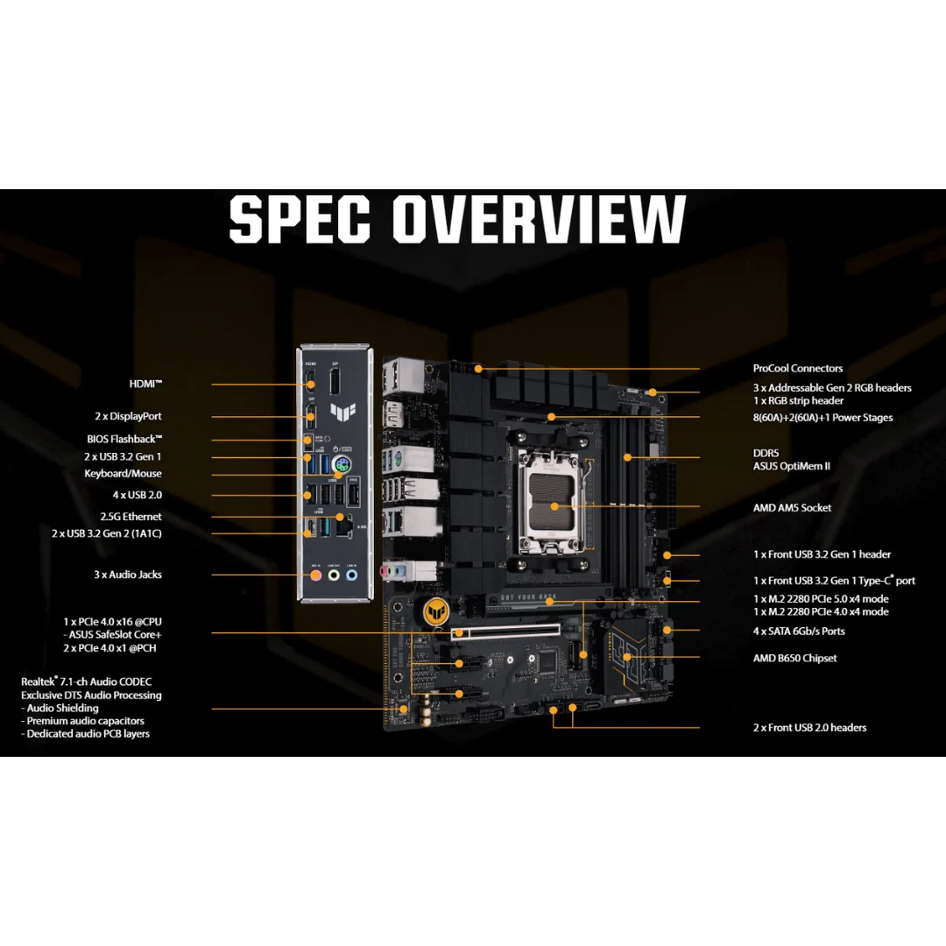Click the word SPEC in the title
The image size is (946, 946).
click(300, 219)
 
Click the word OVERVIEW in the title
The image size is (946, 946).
click(540, 219)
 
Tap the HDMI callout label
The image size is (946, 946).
click(145, 384)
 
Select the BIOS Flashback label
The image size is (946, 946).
click(124, 439)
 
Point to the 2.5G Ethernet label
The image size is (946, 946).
click(131, 517)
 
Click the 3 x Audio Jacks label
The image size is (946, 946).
click(127, 575)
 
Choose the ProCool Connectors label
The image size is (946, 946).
click(798, 368)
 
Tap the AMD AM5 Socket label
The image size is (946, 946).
click(792, 508)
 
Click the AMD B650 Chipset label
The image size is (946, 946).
click(794, 658)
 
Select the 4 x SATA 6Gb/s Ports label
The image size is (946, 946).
click(799, 631)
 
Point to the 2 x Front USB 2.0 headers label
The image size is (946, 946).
click(809, 728)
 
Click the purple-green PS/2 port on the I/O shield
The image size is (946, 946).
click(342, 465)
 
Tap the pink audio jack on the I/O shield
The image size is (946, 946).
click(315, 575)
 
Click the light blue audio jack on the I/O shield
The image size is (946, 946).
click(352, 575)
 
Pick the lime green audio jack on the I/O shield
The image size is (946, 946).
click(334, 575)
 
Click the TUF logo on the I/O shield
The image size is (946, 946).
click(342, 412)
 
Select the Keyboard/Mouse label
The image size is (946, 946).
click(123, 474)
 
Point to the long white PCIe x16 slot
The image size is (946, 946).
click(505, 632)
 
